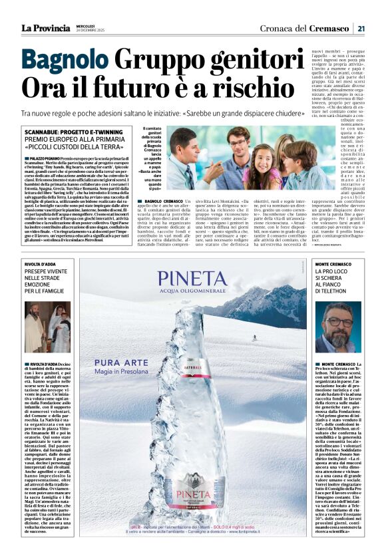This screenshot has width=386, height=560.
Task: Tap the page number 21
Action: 361,28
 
